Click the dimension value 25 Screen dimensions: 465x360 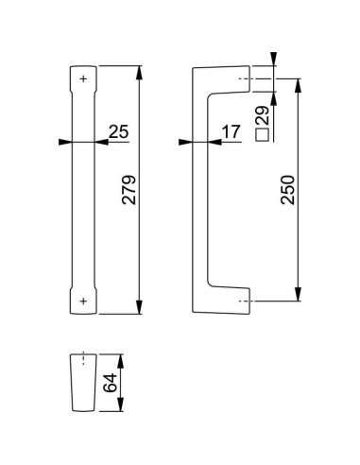(x=118, y=132)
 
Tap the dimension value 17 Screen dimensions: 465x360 (x=230, y=132)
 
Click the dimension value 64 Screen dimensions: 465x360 (x=111, y=383)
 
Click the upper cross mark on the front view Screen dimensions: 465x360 (x=84, y=79)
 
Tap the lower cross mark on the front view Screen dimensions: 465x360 (x=84, y=300)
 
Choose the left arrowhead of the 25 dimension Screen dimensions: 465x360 (x=65, y=143)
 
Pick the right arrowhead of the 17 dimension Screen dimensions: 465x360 (x=198, y=143)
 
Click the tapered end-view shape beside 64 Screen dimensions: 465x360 (x=84, y=383)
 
